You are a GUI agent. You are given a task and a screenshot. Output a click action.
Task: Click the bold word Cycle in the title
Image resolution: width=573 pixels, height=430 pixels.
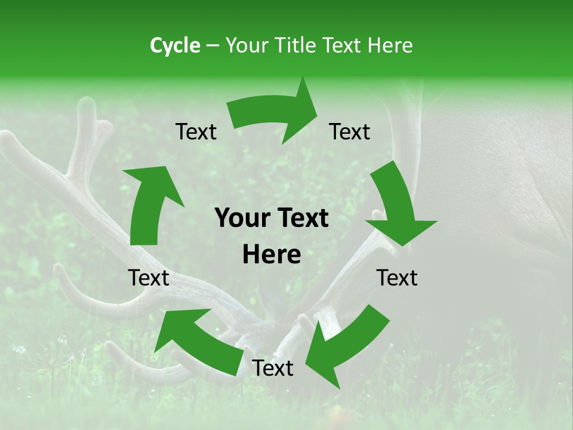click(175, 45)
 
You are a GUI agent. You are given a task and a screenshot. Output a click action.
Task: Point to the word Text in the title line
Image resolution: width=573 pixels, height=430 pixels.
click(343, 45)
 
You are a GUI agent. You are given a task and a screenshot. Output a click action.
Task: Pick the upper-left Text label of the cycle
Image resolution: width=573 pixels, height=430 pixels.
click(196, 132)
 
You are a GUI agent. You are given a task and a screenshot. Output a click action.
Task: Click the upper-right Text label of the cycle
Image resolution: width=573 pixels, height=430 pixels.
click(350, 132)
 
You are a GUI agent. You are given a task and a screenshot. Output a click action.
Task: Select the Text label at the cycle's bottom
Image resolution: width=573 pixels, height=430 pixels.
click(273, 368)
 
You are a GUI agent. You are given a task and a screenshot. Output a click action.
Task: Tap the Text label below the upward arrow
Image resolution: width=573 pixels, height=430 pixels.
click(149, 278)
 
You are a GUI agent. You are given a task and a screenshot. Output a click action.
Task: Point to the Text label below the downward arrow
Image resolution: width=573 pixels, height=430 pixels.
click(397, 278)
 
